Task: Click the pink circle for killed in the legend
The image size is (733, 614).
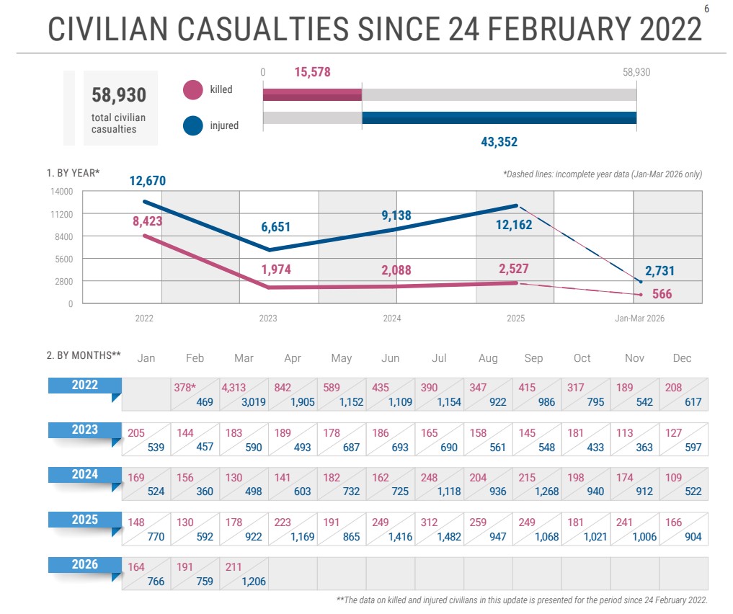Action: (x=193, y=90)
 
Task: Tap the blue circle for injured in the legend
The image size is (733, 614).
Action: (x=193, y=125)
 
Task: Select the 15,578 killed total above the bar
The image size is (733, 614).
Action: (x=312, y=72)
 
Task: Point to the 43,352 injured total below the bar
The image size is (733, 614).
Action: (x=499, y=142)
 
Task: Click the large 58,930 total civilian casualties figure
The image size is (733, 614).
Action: (x=119, y=95)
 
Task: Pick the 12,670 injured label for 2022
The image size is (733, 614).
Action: (x=148, y=180)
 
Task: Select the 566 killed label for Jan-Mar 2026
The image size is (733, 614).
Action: (x=662, y=294)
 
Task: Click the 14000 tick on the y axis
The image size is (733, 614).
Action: (x=61, y=192)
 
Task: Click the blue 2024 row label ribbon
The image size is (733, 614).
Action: (x=84, y=475)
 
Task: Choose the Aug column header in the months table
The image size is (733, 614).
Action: (x=487, y=358)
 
